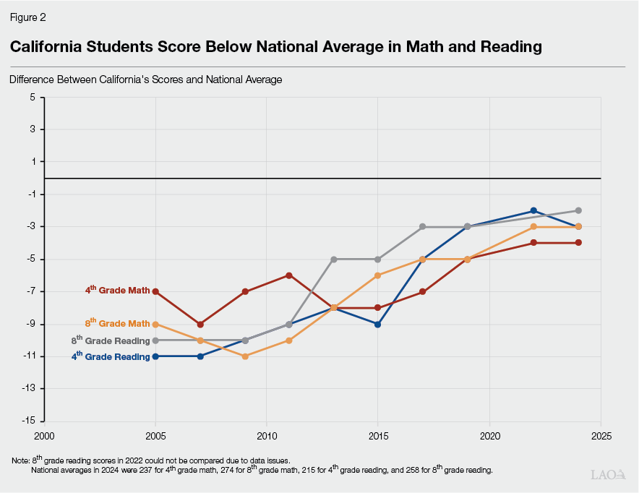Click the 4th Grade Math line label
pyautogui.click(x=117, y=291)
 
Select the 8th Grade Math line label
pyautogui.click(x=117, y=324)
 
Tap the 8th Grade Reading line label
pyautogui.click(x=111, y=340)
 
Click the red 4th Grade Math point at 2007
pyautogui.click(x=200, y=325)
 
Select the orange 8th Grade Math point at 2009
pyautogui.click(x=245, y=356)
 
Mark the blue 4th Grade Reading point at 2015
pyautogui.click(x=378, y=325)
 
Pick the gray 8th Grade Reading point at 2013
pyautogui.click(x=334, y=259)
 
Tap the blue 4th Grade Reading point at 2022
pyautogui.click(x=533, y=210)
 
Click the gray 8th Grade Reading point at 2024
pyautogui.click(x=578, y=210)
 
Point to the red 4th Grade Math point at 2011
pyautogui.click(x=289, y=275)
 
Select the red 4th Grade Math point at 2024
pyautogui.click(x=578, y=243)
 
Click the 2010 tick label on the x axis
pyautogui.click(x=267, y=436)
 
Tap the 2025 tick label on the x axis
pyautogui.click(x=601, y=436)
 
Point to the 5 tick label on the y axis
pyautogui.click(x=33, y=97)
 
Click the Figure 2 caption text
pyautogui.click(x=27, y=17)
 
